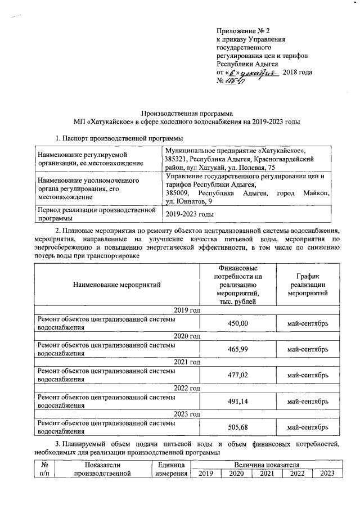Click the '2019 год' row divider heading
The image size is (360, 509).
187,310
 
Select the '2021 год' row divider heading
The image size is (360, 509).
187,362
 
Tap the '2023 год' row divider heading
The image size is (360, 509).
187,414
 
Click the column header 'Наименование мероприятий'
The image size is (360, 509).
116,285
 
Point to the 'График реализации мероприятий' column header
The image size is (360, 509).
307,285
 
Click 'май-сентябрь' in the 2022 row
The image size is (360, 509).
307,401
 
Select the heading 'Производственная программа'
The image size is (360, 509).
187,112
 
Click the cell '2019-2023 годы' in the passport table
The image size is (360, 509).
188,214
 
